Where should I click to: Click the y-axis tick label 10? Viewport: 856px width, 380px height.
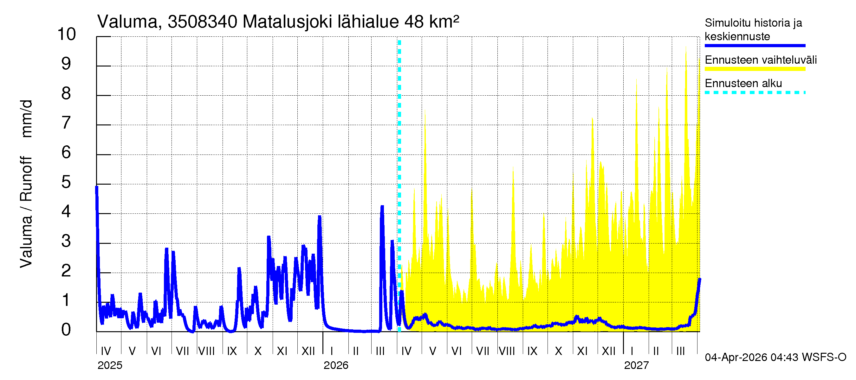tap(67, 34)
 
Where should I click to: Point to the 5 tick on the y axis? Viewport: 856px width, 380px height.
tap(66, 182)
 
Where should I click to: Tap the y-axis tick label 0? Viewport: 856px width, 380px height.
tap(66, 330)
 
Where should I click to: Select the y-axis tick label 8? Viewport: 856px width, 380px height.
tap(66, 94)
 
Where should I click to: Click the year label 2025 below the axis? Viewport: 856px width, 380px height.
tap(110, 365)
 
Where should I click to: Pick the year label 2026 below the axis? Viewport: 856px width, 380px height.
tap(336, 365)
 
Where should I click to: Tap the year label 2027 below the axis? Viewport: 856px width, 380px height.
tap(636, 365)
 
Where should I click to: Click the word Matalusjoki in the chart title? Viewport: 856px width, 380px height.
tap(287, 22)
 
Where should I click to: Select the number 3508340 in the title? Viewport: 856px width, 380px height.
tap(202, 22)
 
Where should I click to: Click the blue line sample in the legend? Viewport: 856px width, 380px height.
tap(755, 46)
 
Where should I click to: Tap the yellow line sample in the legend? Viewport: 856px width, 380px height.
tap(755, 69)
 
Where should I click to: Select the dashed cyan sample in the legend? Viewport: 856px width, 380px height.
tap(755, 92)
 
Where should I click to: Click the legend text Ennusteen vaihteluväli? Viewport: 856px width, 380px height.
tap(761, 60)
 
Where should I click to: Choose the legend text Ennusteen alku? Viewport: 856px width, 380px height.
tap(743, 83)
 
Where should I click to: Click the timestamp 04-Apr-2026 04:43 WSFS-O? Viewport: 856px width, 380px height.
tap(775, 358)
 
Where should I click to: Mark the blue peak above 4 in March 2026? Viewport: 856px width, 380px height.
tap(382, 207)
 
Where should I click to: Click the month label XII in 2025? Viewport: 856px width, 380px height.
tap(308, 351)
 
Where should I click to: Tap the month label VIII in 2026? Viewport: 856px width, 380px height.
tap(507, 351)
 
